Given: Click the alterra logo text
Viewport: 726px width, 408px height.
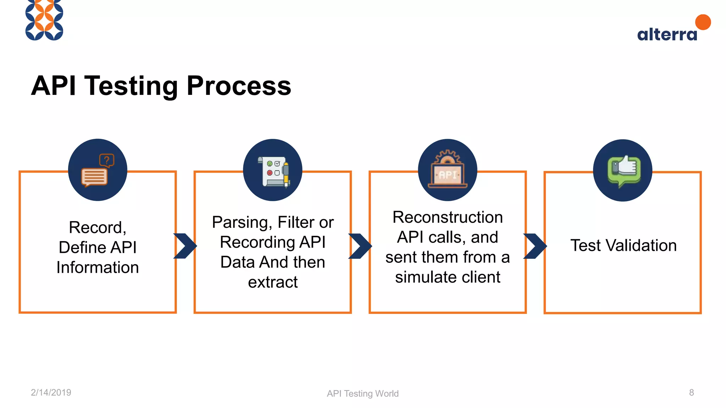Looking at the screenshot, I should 667,34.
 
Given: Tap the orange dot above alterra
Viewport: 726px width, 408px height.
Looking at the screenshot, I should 703,22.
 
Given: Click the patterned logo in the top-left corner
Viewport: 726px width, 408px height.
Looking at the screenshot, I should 44,20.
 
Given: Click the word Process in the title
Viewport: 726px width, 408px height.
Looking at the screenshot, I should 239,86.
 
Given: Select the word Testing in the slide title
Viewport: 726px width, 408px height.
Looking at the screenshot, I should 131,86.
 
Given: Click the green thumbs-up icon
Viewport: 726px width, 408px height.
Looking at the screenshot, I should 623,171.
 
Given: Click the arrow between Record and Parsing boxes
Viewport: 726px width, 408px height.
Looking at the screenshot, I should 185,246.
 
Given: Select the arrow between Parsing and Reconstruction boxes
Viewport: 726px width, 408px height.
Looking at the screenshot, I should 360,246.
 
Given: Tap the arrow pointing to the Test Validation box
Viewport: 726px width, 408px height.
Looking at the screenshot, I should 535,246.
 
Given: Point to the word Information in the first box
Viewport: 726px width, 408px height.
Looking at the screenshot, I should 97,267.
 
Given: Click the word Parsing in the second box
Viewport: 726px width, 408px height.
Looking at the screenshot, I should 242,222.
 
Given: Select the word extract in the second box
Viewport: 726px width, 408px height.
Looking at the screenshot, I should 273,282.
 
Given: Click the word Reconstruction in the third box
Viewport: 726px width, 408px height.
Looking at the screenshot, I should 447,217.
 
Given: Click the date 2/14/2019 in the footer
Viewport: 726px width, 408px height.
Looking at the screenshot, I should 51,392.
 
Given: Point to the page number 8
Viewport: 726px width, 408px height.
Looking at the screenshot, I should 691,392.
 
